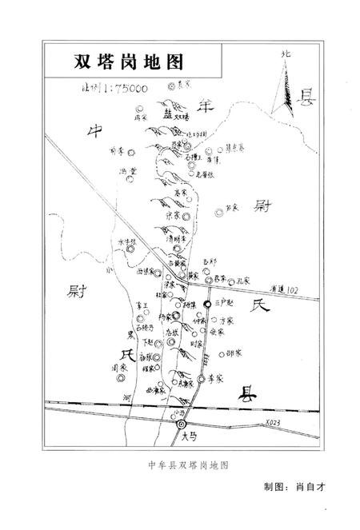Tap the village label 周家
pyautogui.click(x=119, y=367)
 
